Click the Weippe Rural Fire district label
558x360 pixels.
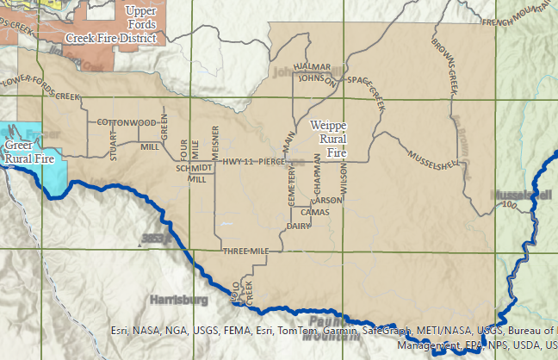click(x=327, y=138)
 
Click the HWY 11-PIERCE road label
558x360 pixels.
click(x=253, y=161)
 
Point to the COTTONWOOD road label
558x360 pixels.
click(x=126, y=123)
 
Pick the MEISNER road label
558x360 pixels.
click(x=215, y=140)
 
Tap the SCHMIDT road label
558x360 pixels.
click(x=194, y=169)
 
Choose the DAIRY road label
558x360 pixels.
click(x=298, y=226)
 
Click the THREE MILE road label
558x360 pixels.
click(x=246, y=251)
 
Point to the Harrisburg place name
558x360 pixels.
click(x=179, y=301)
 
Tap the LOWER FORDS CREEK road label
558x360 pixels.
click(x=41, y=84)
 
